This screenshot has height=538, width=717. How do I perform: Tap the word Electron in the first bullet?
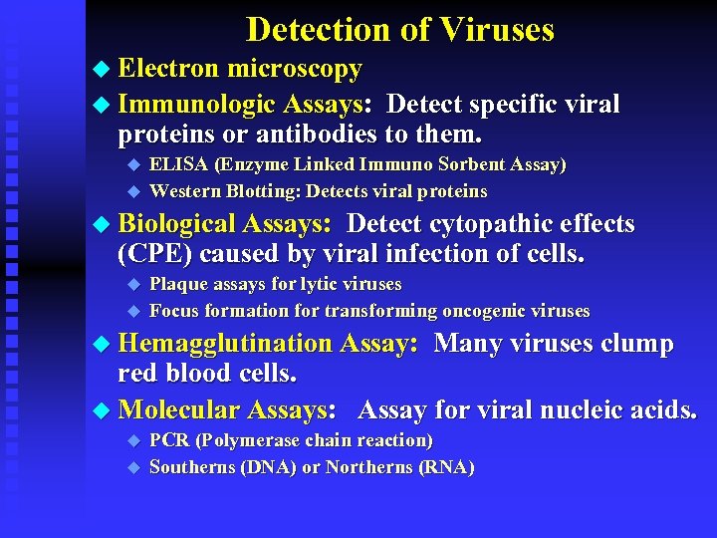(168, 69)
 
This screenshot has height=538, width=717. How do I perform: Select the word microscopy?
(295, 69)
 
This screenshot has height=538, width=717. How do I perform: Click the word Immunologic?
(196, 104)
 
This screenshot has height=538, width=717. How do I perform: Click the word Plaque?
(178, 284)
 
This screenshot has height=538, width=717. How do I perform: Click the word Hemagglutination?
(225, 344)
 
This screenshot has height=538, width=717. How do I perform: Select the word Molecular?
(179, 409)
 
